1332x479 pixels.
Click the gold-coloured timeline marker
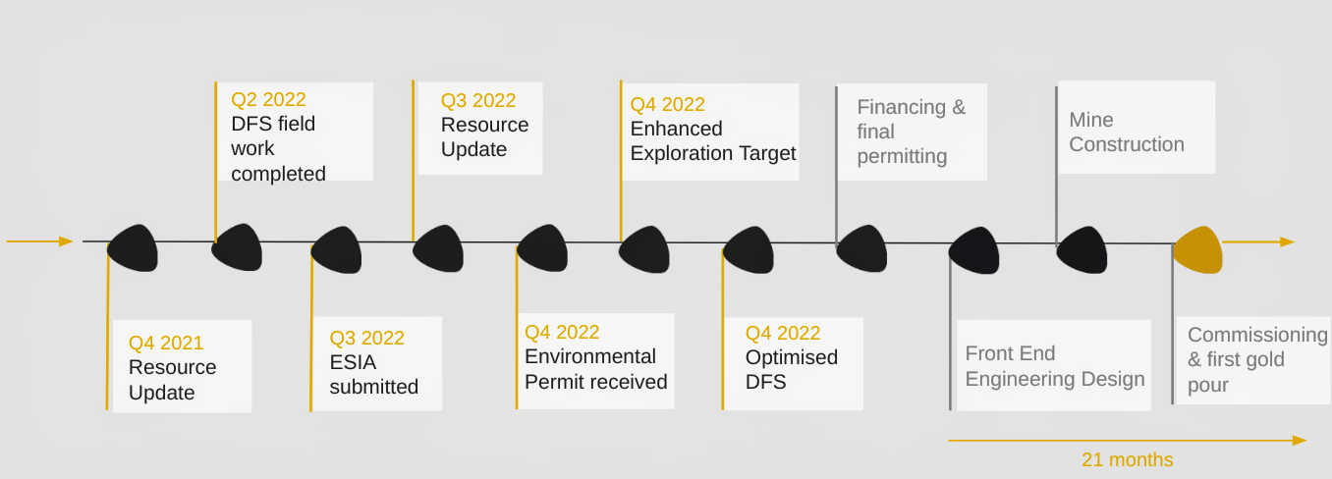click(1197, 250)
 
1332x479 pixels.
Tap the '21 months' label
click(1127, 459)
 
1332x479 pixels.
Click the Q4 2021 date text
click(166, 343)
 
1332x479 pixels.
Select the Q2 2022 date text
click(268, 99)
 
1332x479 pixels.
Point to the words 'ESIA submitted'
click(374, 374)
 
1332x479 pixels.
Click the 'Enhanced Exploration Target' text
click(713, 140)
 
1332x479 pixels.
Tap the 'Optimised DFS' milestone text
click(792, 369)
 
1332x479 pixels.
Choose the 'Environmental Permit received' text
click(596, 369)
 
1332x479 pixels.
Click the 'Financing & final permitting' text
click(911, 132)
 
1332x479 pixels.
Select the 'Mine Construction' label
click(1127, 132)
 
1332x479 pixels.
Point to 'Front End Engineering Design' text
click(1055, 366)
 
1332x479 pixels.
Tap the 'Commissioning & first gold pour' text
click(1257, 359)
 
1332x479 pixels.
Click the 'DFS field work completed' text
click(278, 148)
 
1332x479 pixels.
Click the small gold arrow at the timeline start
click(39, 241)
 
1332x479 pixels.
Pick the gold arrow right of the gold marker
click(1258, 241)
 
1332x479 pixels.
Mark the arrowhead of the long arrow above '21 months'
click(1300, 441)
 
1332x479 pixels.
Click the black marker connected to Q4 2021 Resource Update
click(133, 248)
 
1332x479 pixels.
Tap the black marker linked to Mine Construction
click(1082, 250)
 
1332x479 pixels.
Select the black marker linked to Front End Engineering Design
click(974, 251)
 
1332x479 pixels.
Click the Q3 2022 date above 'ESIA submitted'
click(367, 339)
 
